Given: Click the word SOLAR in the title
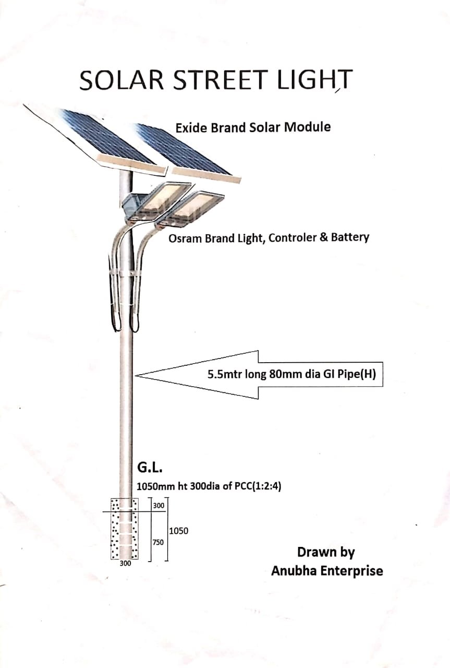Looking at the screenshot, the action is (x=121, y=80).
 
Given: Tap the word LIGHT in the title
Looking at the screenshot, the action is (x=315, y=80).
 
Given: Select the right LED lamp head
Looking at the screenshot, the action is (x=191, y=210).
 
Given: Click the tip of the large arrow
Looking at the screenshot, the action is (x=135, y=375).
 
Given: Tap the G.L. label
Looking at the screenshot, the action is (x=150, y=468).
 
